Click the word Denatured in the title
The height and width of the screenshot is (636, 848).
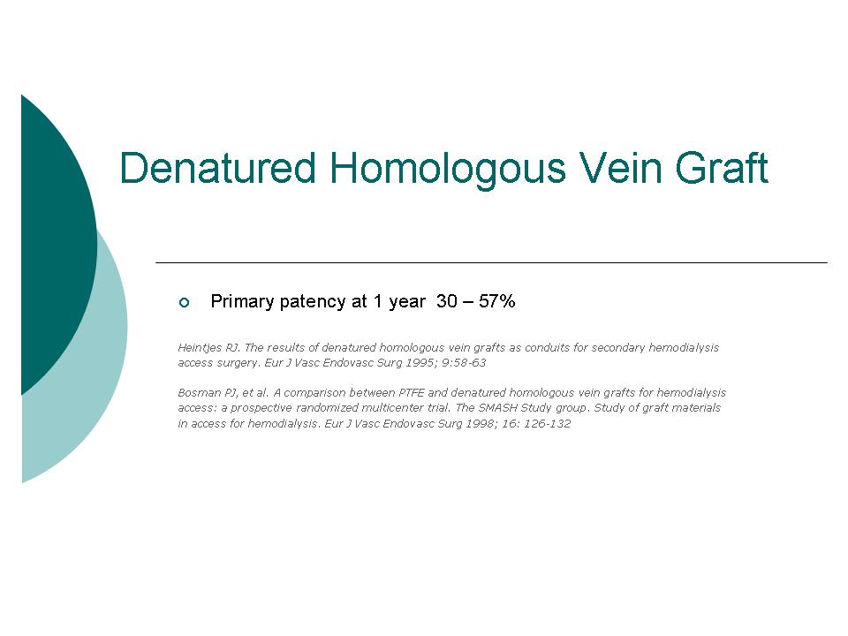217,168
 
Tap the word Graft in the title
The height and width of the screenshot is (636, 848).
722,168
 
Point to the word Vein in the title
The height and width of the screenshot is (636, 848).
621,168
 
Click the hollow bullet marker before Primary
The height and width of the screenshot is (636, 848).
184,302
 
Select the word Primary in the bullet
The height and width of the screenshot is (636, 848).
242,302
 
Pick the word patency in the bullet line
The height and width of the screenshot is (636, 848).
314,302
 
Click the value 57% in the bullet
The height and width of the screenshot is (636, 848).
496,300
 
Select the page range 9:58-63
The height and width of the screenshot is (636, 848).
464,363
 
